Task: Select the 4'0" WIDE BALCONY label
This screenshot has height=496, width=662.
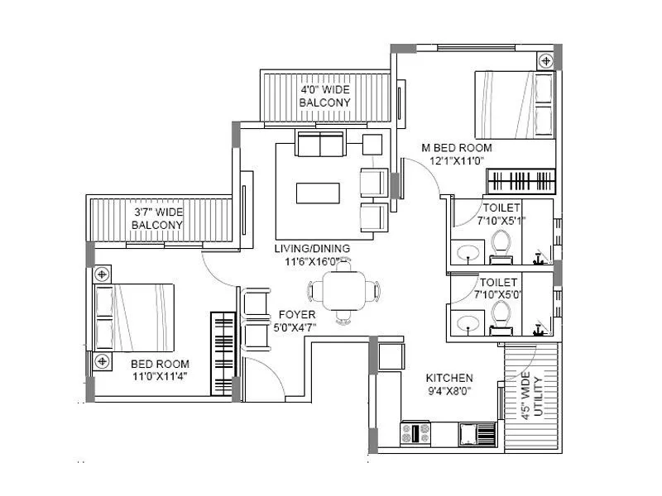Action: (324, 95)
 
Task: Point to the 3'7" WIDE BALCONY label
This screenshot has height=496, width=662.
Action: (158, 218)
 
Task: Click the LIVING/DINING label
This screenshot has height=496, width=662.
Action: (313, 248)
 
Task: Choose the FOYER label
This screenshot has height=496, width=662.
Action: (297, 314)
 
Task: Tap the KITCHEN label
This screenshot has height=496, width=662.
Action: (449, 376)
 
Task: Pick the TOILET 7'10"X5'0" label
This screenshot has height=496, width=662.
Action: (500, 288)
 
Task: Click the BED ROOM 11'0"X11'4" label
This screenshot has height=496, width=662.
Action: (160, 370)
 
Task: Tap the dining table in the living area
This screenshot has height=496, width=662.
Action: (343, 291)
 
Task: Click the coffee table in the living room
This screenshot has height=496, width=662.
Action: (318, 193)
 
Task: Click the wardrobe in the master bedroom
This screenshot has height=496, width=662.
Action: (520, 180)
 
